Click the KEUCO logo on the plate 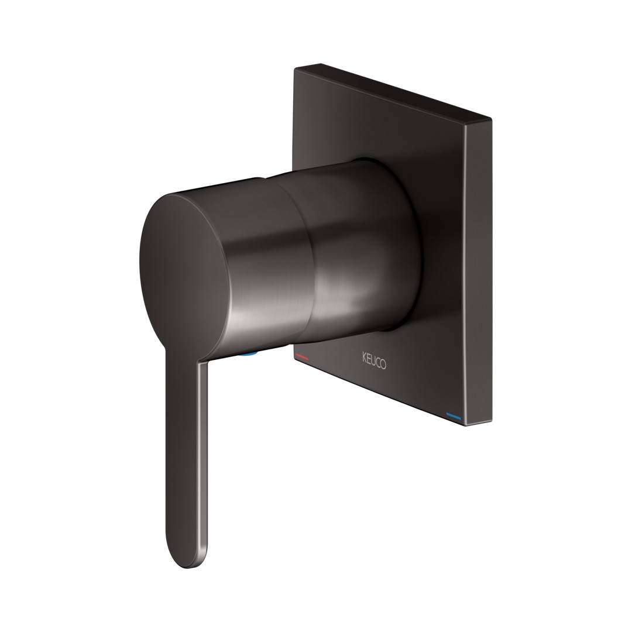(x=374, y=360)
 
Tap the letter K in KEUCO (x=364, y=358)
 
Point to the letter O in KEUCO (x=383, y=364)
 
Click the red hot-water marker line (x=303, y=356)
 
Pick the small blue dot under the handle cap (x=249, y=355)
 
